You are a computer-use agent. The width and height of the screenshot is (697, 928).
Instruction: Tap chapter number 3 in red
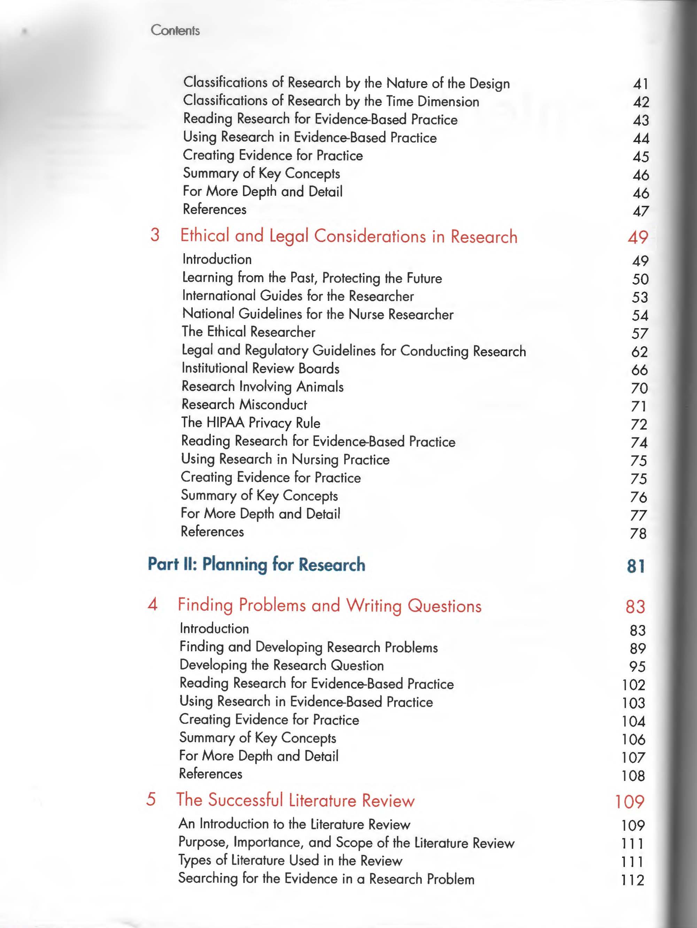point(155,235)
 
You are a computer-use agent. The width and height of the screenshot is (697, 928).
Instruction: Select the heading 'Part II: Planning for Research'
point(256,564)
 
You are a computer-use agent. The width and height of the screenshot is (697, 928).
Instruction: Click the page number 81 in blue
point(635,566)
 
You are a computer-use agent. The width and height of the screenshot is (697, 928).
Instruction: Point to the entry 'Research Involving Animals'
point(262,386)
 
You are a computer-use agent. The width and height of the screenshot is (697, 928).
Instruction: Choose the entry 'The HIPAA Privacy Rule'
point(250,423)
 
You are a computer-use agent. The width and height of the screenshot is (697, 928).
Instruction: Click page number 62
point(640,351)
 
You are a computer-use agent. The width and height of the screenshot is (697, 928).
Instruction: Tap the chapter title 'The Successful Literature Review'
point(295,800)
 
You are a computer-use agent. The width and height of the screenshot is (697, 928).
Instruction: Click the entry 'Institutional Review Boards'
point(260,368)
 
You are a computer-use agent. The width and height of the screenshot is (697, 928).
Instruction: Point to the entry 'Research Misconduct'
point(244,404)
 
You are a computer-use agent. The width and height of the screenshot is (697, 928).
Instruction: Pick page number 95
point(637,666)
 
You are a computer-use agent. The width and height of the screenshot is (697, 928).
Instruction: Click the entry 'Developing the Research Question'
point(281,665)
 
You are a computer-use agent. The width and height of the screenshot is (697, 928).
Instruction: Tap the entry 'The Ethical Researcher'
point(248,332)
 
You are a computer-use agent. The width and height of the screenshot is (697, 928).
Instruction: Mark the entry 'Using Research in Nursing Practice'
point(285,459)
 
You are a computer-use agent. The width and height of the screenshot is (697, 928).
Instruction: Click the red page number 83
point(635,606)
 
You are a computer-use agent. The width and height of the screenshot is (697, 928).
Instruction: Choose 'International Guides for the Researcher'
point(297,296)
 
